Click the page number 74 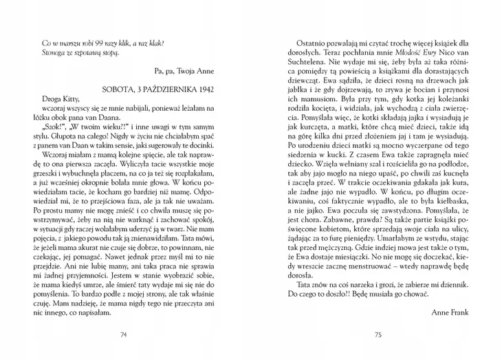pyautogui.click(x=124, y=335)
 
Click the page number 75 pyautogui.click(x=378, y=335)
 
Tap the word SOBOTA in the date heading pyautogui.click(x=116, y=89)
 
